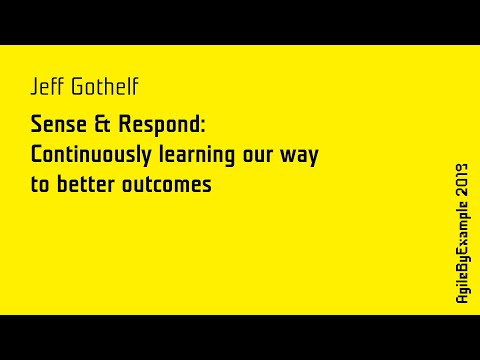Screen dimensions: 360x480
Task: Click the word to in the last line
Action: (40, 185)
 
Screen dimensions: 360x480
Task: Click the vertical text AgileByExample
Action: (461, 250)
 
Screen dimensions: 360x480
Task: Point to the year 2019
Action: (461, 178)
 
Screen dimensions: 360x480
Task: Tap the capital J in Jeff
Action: (35, 88)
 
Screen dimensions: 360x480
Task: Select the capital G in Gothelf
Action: (75, 88)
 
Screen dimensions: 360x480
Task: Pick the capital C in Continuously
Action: (37, 156)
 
